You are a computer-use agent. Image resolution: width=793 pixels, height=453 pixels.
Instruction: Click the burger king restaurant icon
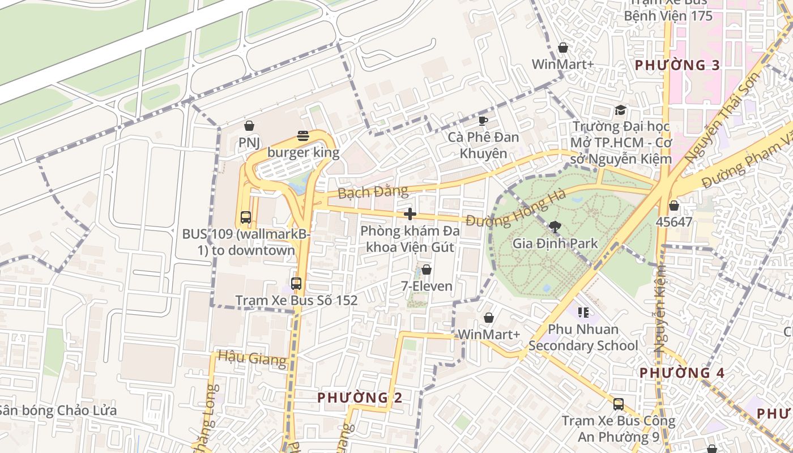[303, 136]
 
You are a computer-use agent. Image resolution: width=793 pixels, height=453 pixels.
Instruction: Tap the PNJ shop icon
[249, 125]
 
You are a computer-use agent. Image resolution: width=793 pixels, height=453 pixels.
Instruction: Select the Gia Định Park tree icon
[555, 227]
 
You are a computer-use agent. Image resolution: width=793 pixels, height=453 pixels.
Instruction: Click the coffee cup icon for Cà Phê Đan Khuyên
[483, 121]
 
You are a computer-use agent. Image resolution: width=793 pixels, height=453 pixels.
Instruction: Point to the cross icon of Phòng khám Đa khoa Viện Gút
[410, 214]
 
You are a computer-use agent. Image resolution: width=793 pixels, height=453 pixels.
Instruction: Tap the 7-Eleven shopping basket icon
[427, 270]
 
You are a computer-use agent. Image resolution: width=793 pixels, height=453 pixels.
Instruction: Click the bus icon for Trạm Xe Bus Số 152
[296, 284]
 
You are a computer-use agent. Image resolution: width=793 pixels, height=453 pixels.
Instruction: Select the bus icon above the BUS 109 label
[245, 217]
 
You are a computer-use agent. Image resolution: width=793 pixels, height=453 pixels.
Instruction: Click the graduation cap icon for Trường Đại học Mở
[621, 110]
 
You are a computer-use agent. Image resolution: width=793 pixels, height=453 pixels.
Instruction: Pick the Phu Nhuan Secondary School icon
[583, 312]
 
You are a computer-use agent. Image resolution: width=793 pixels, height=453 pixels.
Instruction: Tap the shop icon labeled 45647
[673, 205]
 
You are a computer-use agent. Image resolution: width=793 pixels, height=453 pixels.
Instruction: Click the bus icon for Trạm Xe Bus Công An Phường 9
[619, 404]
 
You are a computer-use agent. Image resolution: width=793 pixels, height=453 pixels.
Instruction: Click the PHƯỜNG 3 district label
[677, 65]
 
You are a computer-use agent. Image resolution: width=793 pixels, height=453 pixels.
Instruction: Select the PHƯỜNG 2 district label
[360, 398]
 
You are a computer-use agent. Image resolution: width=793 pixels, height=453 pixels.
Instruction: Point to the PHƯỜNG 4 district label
[682, 373]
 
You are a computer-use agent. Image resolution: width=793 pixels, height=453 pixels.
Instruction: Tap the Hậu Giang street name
[252, 358]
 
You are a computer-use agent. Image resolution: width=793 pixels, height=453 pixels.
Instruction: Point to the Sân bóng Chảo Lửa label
[58, 411]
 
